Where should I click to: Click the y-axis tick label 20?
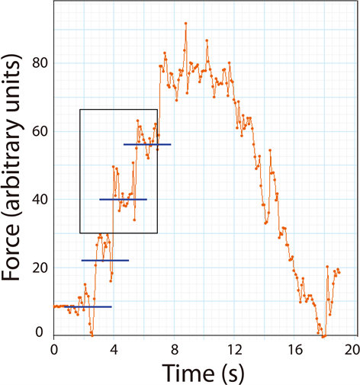[x=37, y=268]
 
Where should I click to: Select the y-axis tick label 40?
[x=37, y=200]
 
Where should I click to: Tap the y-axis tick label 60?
[x=37, y=131]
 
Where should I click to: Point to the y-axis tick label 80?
[x=37, y=63]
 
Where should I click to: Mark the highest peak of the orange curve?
[x=185, y=23]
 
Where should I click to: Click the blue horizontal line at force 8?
[x=82, y=306]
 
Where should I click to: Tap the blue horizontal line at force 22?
[x=105, y=261]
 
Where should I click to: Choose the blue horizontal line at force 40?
[x=123, y=200]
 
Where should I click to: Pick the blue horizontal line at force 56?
[x=147, y=144]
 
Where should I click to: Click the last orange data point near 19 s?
[x=339, y=271]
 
